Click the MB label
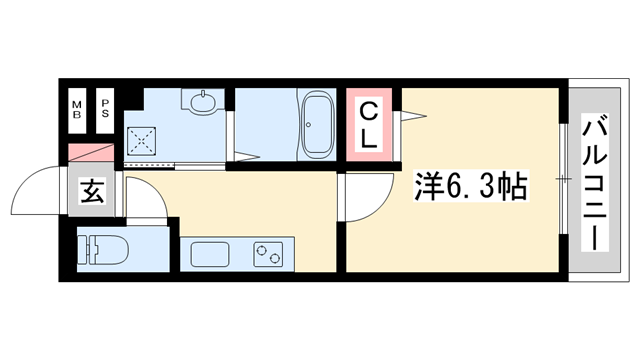[77, 107]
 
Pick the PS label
[105, 107]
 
